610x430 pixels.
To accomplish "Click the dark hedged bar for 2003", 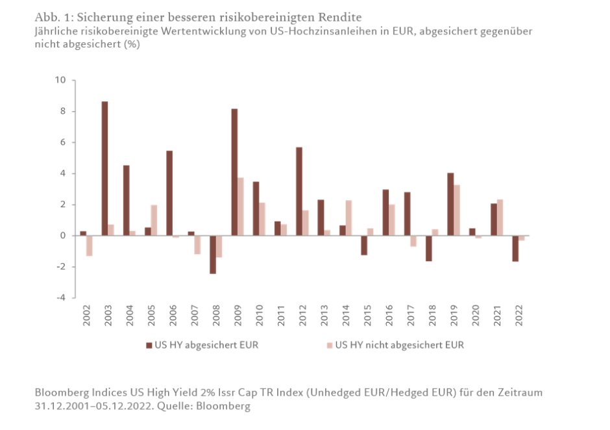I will click(104, 168).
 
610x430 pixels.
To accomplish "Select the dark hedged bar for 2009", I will click(234, 172).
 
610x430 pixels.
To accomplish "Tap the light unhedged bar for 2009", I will click(241, 207).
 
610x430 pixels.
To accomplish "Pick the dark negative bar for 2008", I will click(213, 255).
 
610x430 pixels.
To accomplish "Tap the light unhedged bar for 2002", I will click(90, 246).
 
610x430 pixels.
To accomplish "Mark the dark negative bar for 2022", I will click(515, 248).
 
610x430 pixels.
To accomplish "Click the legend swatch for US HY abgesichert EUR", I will click(149, 345).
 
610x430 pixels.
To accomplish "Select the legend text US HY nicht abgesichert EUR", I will click(399, 345).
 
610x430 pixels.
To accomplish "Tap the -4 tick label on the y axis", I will click(61, 298).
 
